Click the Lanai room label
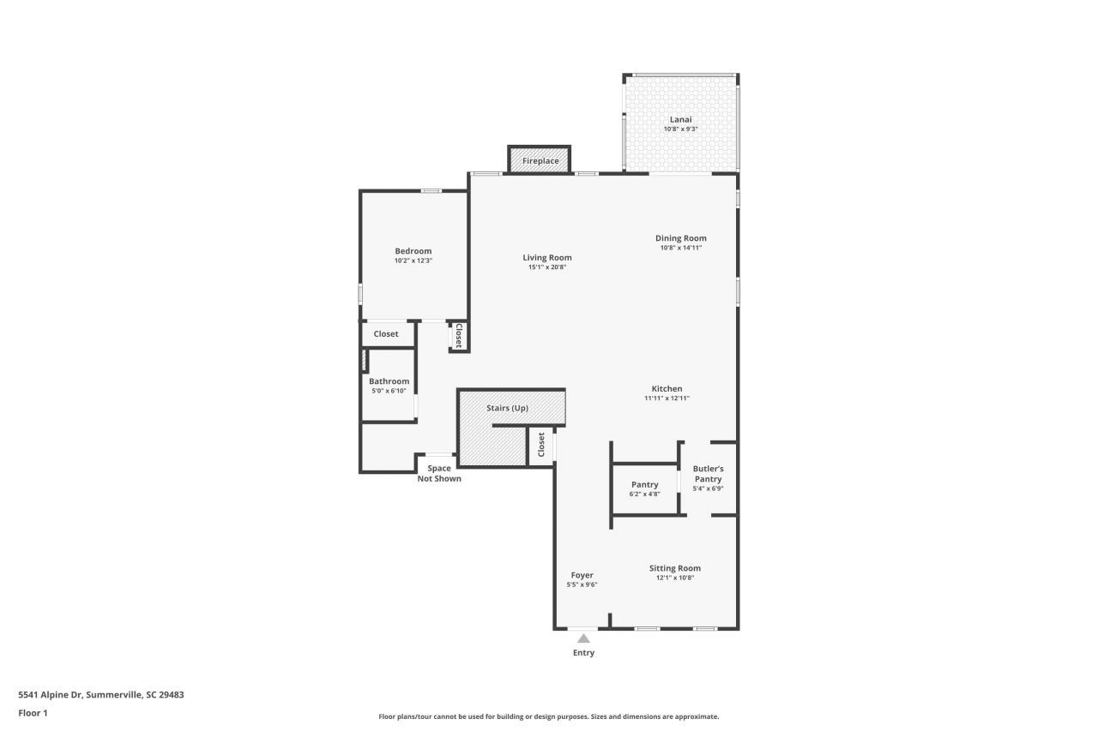[x=680, y=119]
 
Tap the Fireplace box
[x=540, y=161]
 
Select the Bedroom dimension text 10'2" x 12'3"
[x=413, y=261]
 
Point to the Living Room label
[x=547, y=257]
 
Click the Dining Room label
[x=681, y=238]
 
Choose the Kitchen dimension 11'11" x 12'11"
[x=667, y=398]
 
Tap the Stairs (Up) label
[x=507, y=408]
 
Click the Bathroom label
[x=389, y=381]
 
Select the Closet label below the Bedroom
[x=386, y=333]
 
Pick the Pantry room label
[x=644, y=484]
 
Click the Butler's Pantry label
[x=708, y=474]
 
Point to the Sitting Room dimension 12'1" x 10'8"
[x=674, y=578]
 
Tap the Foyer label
[x=582, y=575]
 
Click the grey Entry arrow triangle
[x=583, y=638]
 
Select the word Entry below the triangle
[x=583, y=653]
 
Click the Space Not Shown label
[x=439, y=473]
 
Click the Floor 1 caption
[x=33, y=713]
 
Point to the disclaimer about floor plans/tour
[x=549, y=716]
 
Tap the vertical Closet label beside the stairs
[x=541, y=445]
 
